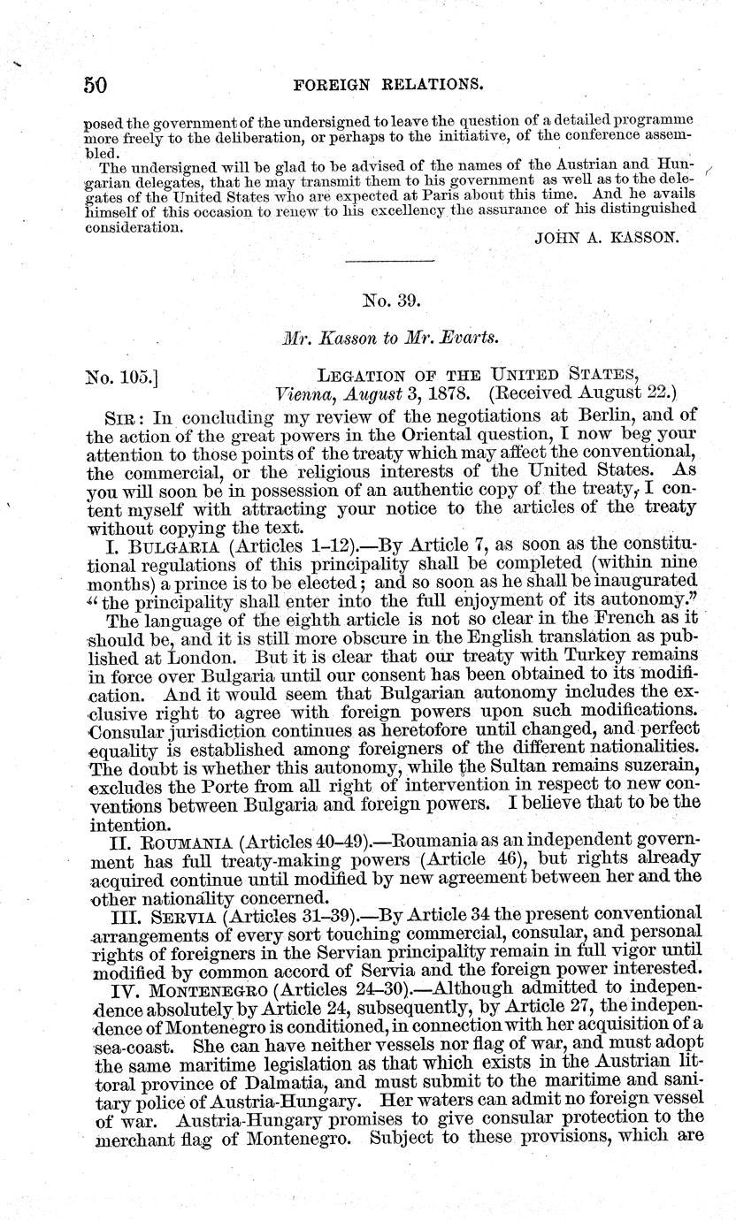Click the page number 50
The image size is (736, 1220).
coord(96,84)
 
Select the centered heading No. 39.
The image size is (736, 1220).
coord(390,301)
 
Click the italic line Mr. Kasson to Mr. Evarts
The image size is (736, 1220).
coord(389,338)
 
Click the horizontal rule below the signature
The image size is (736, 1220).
coord(389,261)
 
